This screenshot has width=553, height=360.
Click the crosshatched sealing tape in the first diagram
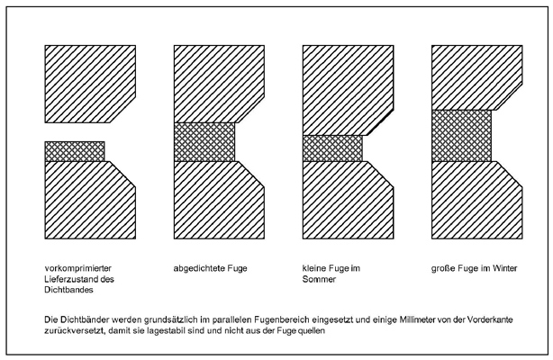click(75, 151)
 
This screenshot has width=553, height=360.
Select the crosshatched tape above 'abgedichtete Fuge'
click(204, 142)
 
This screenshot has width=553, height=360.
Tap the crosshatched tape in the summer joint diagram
click(332, 148)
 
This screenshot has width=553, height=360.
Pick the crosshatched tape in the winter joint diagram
click(461, 136)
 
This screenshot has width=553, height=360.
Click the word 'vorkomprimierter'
click(78, 268)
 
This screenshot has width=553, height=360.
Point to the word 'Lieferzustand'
click(70, 279)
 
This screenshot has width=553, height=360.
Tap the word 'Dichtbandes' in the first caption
click(68, 290)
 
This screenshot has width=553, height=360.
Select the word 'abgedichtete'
click(199, 268)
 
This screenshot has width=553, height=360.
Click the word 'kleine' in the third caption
click(314, 268)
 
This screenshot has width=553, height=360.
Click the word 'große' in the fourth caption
click(443, 268)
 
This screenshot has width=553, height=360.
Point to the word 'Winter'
click(505, 268)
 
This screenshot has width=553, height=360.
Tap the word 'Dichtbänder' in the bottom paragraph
click(86, 319)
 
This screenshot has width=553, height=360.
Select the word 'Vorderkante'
click(490, 319)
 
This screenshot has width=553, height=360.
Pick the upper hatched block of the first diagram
click(90, 84)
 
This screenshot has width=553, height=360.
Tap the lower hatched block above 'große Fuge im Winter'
click(477, 200)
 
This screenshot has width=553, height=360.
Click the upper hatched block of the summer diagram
click(348, 90)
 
